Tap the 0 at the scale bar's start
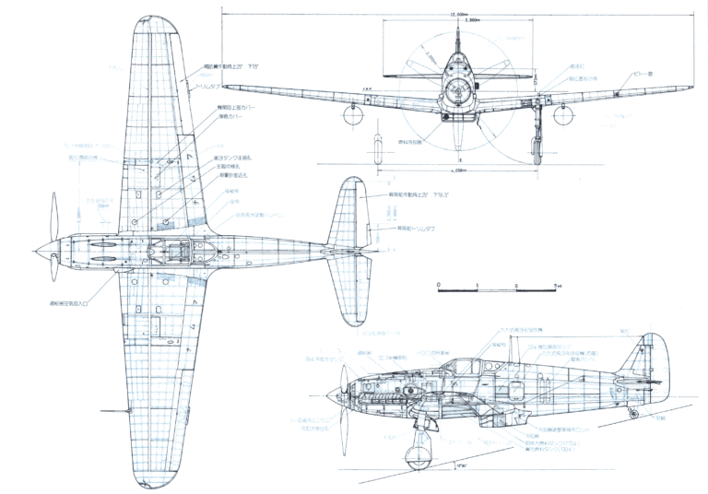click(x=439, y=285)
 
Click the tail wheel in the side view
click(x=633, y=414)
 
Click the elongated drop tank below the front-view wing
click(x=378, y=147)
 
